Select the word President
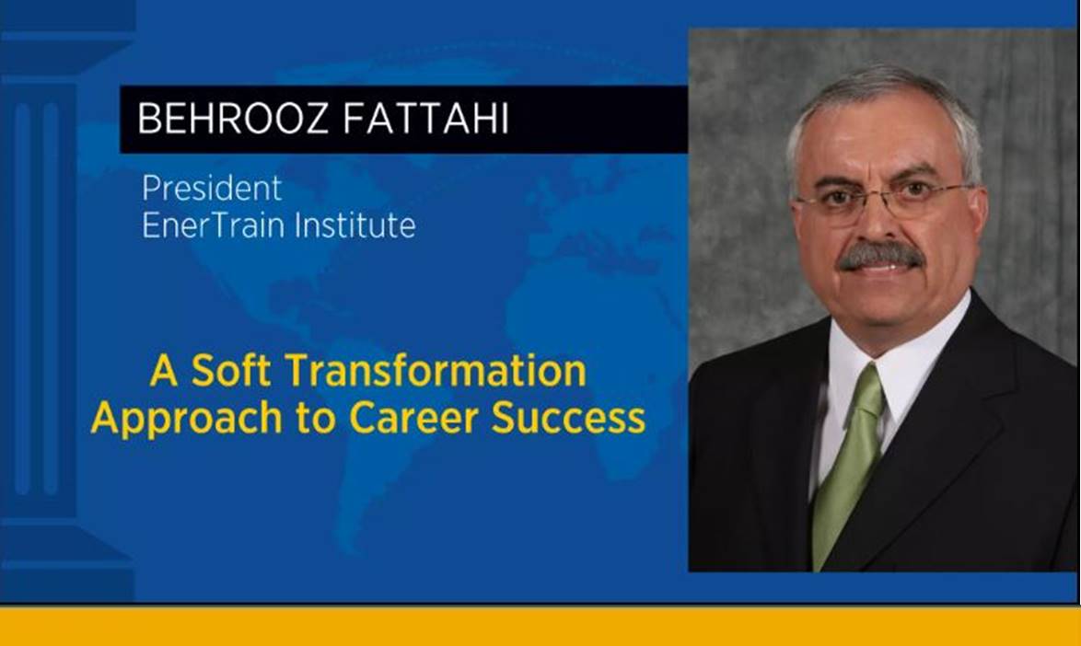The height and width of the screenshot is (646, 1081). pos(212,188)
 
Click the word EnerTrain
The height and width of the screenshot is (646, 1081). pos(215,225)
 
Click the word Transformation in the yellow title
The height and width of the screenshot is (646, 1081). pos(436,371)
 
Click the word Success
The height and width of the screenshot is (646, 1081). pos(568,418)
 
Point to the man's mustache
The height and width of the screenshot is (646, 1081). pos(879,255)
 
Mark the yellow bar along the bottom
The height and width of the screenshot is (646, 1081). pos(540,626)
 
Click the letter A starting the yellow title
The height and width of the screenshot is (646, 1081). pos(164,371)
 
